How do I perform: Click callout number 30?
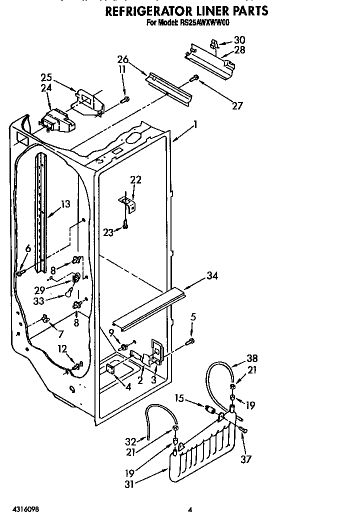pos(240,40)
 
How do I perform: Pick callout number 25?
pos(46,77)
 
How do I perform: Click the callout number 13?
pos(65,204)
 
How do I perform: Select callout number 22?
pos(135,180)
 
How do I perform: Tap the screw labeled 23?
pos(125,226)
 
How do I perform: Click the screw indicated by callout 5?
pos(189,342)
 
